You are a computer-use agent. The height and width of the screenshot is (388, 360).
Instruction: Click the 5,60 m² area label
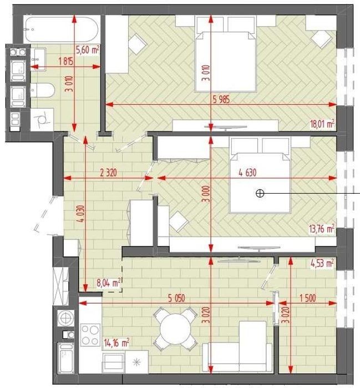click(x=88, y=50)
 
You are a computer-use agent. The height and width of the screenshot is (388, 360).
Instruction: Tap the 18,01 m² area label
click(x=322, y=123)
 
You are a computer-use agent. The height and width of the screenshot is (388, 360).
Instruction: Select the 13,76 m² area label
click(x=322, y=229)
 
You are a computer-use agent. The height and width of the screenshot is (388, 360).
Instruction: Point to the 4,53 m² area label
click(x=322, y=263)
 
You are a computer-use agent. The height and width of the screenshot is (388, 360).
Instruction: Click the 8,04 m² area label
click(x=109, y=283)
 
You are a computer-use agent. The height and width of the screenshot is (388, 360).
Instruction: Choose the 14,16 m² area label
click(x=116, y=343)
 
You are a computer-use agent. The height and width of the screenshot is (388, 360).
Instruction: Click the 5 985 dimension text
click(x=221, y=99)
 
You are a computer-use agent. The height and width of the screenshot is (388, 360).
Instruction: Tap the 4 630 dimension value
click(x=247, y=173)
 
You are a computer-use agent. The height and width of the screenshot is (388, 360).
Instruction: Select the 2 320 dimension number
click(x=108, y=173)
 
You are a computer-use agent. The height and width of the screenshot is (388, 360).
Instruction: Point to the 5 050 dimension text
click(x=176, y=298)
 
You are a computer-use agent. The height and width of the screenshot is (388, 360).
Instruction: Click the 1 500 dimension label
click(x=308, y=298)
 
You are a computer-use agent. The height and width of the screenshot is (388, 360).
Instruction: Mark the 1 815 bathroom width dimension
click(x=66, y=61)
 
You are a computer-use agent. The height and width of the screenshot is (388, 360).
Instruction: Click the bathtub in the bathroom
click(x=62, y=29)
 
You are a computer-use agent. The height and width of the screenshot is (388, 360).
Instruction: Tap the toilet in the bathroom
click(x=43, y=90)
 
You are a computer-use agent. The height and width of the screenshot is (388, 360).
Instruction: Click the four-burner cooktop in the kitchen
click(x=90, y=335)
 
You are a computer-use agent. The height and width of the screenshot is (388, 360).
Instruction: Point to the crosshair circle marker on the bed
click(x=260, y=193)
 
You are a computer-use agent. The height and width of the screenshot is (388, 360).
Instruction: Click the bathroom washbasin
click(x=38, y=59)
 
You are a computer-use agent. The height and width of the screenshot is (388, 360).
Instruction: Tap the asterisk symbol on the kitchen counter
click(x=136, y=362)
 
